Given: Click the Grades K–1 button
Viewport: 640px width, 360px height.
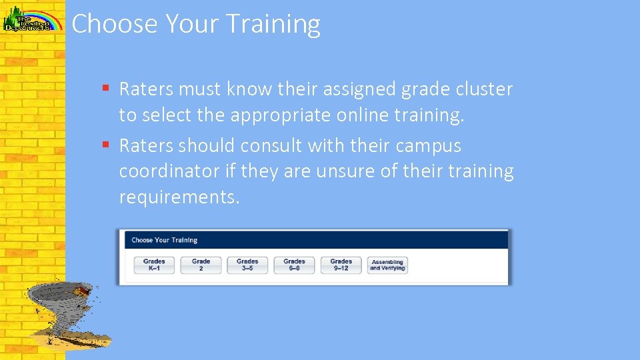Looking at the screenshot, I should coord(154,265).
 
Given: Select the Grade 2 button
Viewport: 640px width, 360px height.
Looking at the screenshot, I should coord(201,265).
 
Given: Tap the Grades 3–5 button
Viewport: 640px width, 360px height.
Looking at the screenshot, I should coord(247,265).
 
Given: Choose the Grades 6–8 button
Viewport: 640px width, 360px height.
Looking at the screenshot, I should coord(294,265).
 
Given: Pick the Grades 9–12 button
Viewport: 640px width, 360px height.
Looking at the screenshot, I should coord(341,265).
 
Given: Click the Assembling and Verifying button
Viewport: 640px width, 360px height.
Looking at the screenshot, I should coord(387,265).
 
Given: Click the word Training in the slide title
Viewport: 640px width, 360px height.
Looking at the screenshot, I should coord(273,25).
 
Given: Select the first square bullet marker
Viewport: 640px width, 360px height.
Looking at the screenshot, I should coord(106,89).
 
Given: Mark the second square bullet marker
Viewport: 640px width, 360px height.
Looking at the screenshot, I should coord(106,145).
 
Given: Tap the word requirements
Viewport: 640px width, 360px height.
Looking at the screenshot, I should coord(179,197).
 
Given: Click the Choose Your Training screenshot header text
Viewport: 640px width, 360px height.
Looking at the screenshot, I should coord(164,240).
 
